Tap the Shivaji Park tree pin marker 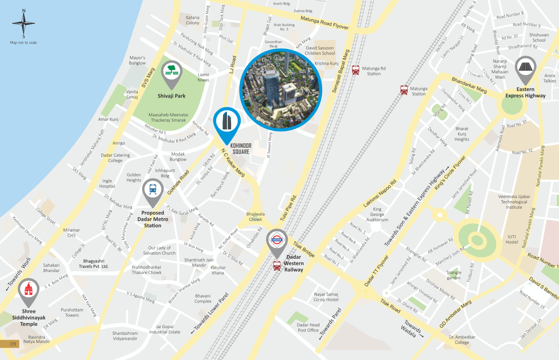click(x=171, y=71)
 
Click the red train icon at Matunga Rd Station click(x=356, y=70)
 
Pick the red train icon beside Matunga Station click(x=404, y=90)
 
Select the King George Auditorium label click(x=377, y=214)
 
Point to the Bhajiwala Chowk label click(x=255, y=217)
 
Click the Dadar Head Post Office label click(x=308, y=328)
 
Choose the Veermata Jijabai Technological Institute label click(x=514, y=202)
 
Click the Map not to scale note click(x=23, y=43)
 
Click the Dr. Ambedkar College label click(x=462, y=339)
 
